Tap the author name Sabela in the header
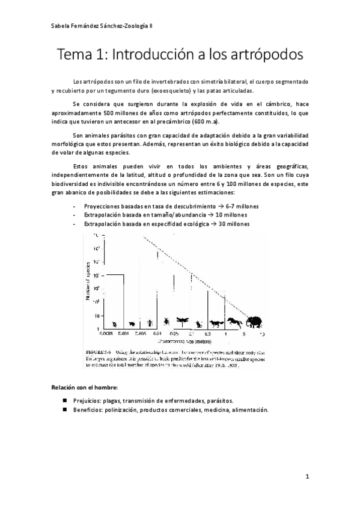point(60,26)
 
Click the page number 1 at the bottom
point(307,477)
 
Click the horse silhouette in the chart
point(234,323)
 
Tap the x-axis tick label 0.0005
point(106,333)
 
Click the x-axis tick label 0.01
point(157,333)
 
